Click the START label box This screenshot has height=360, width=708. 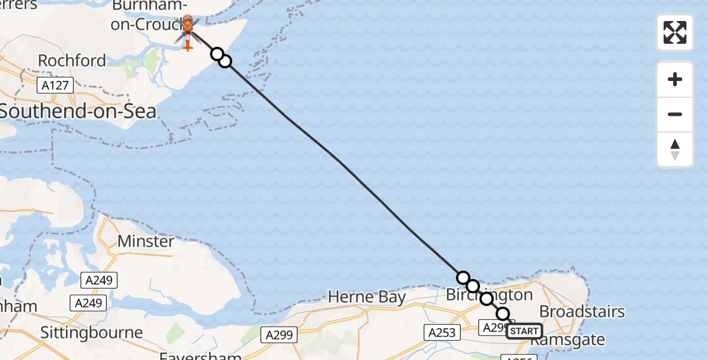click(524, 331)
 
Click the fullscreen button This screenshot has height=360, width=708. click(675, 32)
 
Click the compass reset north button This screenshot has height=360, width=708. click(675, 150)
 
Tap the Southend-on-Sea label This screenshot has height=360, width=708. click(78, 111)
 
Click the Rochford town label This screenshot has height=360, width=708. click(72, 61)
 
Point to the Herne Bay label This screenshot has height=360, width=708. click(367, 297)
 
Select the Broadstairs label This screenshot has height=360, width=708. click(582, 312)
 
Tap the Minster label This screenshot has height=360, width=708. click(146, 241)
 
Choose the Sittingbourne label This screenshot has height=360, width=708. click(92, 332)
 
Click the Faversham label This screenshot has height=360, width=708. click(200, 355)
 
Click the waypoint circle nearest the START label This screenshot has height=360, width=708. click(503, 314)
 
